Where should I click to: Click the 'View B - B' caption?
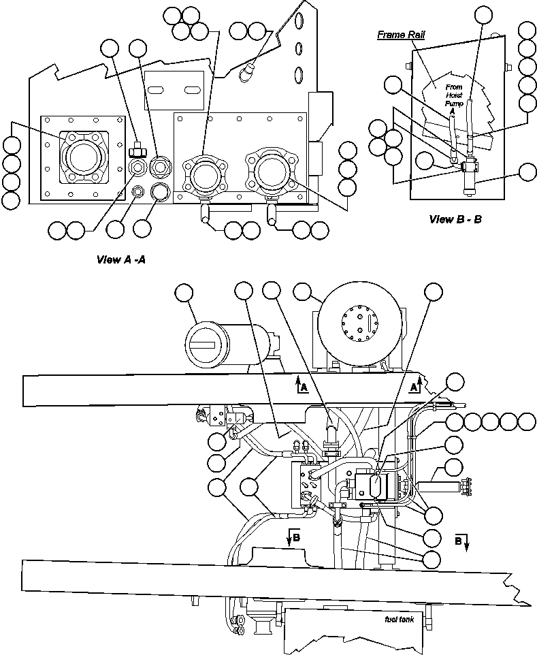455,219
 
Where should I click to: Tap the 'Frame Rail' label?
402,35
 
